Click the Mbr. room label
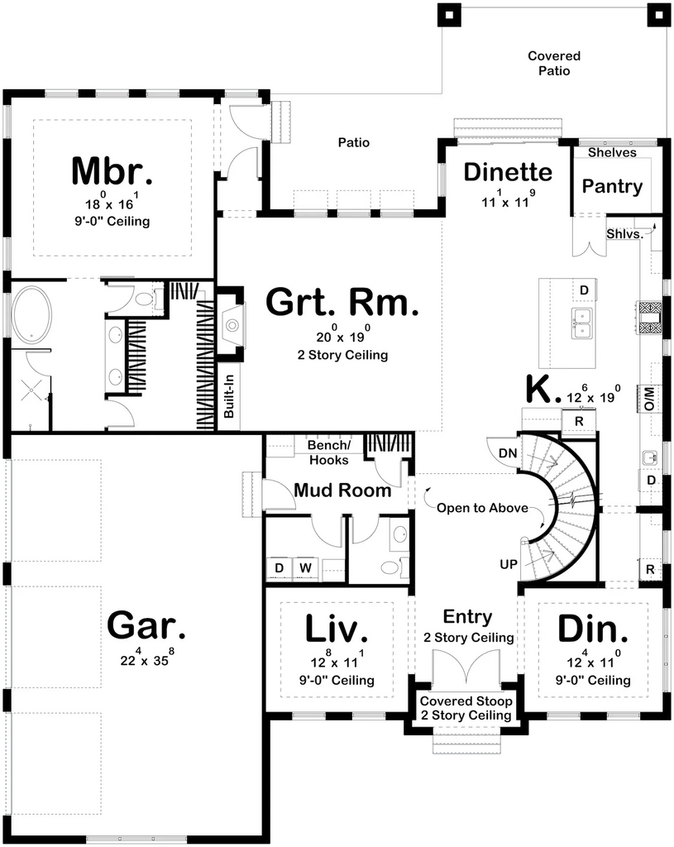[x=112, y=170]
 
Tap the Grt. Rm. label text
[x=342, y=304]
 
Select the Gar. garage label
[x=146, y=625]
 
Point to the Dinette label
[x=507, y=172]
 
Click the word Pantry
[x=612, y=186]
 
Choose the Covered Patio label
[x=554, y=64]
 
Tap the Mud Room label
[x=342, y=490]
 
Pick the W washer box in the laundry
[x=305, y=567]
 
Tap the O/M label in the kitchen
[x=649, y=399]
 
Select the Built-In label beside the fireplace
[x=229, y=397]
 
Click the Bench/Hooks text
[x=329, y=452]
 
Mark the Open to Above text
[x=471, y=508]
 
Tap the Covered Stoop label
[x=466, y=708]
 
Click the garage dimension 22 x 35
[x=146, y=660]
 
